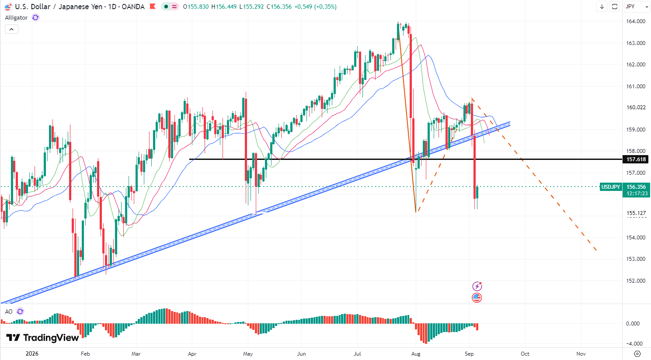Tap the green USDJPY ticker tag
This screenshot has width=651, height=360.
point(611,187)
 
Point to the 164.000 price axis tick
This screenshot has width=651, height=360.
point(636,21)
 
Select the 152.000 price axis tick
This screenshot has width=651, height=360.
point(636,281)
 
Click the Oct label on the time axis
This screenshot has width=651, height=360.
point(525,353)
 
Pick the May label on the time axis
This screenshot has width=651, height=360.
point(248,353)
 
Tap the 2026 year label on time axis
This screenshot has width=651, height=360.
point(32,353)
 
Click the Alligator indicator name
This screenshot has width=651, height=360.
point(16,18)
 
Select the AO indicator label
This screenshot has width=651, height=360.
point(9,312)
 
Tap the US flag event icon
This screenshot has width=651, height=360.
point(477,298)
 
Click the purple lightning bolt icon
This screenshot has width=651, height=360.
point(477,287)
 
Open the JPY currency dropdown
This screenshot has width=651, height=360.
point(637,7)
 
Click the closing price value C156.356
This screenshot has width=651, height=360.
point(281,7)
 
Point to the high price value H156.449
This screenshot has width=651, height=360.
point(224,7)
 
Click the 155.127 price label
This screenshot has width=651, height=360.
point(636,213)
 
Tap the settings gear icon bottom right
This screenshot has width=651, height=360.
point(637,353)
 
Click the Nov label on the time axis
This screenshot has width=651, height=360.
point(581,353)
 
